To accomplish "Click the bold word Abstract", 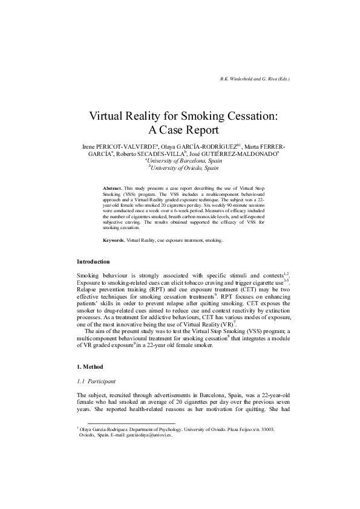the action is tap(112, 189).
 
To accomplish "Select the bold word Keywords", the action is tap(114, 240).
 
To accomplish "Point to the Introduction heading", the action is tap(93, 262).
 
